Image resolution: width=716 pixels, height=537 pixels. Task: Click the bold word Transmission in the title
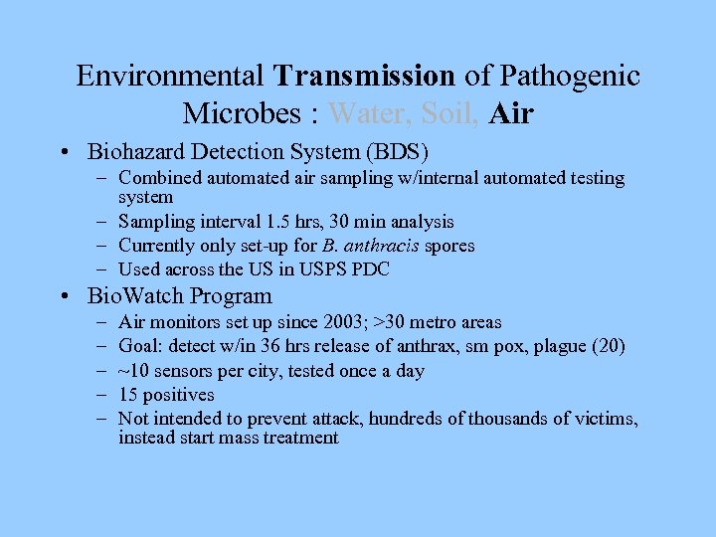pos(365,76)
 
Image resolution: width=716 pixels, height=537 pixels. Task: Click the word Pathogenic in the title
pos(570,76)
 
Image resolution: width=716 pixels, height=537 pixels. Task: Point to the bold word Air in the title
pos(511,113)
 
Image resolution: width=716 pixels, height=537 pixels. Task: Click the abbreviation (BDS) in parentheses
pos(396,152)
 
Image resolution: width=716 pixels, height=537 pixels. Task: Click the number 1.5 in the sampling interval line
pos(262,222)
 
